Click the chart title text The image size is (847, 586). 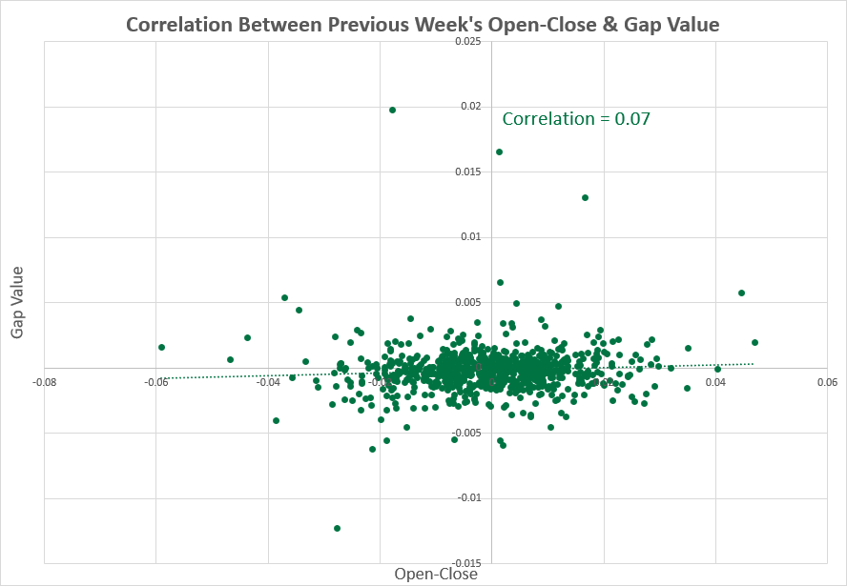click(x=423, y=23)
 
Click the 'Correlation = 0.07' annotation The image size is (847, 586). click(x=576, y=119)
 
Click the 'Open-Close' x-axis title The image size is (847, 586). click(x=436, y=574)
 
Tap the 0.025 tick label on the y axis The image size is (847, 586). click(x=468, y=42)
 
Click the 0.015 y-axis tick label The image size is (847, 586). click(x=468, y=172)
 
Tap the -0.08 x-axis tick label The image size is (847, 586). click(x=44, y=383)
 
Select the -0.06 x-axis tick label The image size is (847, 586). click(x=156, y=383)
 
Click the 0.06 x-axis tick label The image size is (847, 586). click(x=827, y=383)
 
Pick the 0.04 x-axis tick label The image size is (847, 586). click(x=715, y=383)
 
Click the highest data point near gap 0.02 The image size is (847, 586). click(x=392, y=110)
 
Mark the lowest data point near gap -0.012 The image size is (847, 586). click(x=338, y=528)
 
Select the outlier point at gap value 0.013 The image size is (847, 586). click(x=585, y=197)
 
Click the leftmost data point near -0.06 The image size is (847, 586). click(x=161, y=347)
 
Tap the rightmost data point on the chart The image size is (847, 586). click(x=754, y=342)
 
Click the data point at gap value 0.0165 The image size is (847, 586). click(x=499, y=152)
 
